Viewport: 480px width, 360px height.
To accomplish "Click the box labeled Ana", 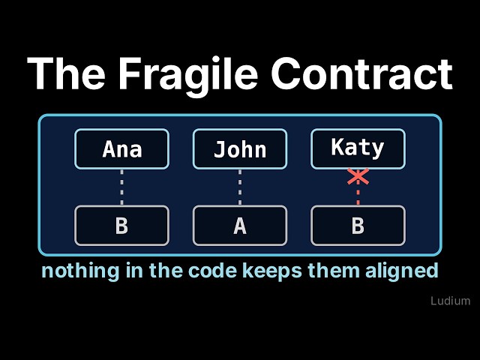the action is tap(121, 149).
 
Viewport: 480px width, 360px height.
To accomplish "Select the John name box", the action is tap(240, 149).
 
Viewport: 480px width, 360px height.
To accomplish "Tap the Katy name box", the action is tap(358, 149).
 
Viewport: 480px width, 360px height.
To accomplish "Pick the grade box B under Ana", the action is tap(121, 226).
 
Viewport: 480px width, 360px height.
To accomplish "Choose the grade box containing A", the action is tap(240, 226).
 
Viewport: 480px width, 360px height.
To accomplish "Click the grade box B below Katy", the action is tap(358, 226).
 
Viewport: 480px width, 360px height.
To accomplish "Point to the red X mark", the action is tap(358, 177).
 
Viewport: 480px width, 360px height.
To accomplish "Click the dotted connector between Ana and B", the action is tap(121, 187).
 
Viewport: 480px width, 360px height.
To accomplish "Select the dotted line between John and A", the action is tap(240, 187).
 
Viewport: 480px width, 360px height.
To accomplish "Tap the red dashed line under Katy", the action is tap(358, 195).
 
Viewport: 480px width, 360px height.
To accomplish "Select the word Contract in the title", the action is tap(361, 74).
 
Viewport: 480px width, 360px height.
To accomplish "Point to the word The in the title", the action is tap(66, 73).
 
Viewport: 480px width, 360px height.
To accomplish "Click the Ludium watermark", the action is tap(450, 301).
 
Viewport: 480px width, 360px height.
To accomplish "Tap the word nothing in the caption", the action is tap(80, 271).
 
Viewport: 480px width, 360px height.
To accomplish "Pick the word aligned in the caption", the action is tap(402, 271).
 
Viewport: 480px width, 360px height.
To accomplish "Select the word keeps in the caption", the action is tap(272, 271).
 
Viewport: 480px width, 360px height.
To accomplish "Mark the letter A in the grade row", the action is tap(240, 226).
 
